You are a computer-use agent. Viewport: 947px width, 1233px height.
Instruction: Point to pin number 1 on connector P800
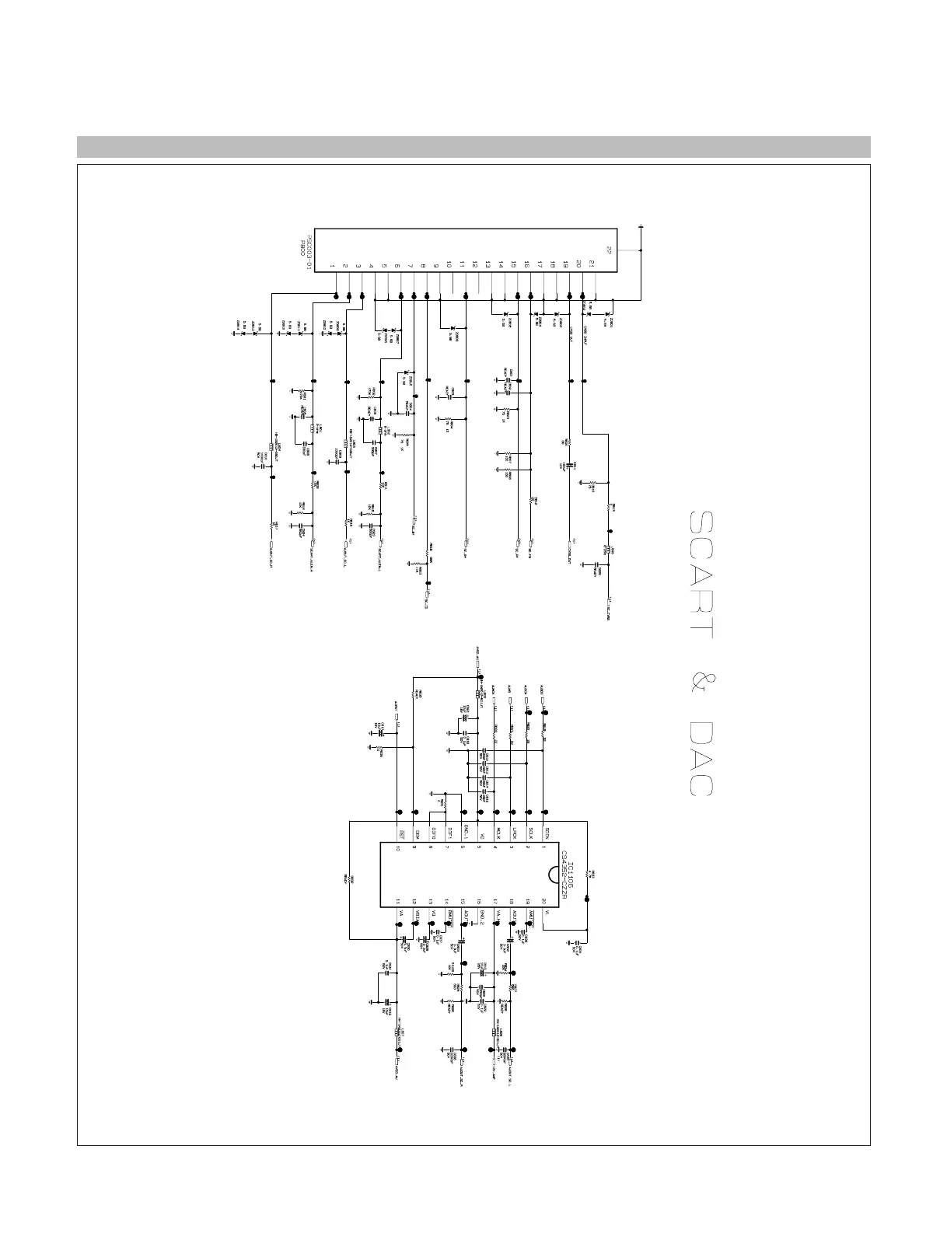332,266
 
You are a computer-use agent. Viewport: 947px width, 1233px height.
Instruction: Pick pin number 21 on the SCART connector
592,266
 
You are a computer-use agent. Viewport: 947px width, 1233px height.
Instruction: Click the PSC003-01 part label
309,253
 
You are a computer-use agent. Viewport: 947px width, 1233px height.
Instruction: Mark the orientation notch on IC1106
553,875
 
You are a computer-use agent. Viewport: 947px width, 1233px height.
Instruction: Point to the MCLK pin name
496,833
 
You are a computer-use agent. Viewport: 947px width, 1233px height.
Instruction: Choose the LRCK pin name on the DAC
512,833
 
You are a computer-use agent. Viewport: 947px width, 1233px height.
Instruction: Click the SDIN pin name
546,833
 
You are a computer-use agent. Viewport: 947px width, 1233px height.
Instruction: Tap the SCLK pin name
529,833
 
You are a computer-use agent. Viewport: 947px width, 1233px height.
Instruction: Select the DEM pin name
414,833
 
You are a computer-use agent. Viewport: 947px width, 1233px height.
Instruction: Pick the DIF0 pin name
431,833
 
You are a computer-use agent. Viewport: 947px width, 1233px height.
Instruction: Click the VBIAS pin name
414,915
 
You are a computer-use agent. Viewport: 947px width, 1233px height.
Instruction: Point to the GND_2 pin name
480,916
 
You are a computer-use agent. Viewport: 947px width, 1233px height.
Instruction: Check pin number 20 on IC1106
545,901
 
